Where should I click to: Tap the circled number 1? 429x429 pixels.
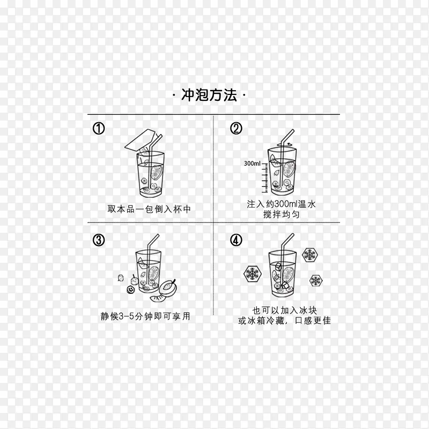click(99, 129)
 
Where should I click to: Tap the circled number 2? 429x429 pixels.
click(236, 129)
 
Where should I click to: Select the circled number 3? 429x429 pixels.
click(99, 240)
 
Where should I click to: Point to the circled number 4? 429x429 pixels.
click(236, 240)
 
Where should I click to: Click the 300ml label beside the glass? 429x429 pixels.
click(252, 164)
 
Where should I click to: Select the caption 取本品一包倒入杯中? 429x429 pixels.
click(149, 209)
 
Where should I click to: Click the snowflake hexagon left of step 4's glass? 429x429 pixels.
click(251, 275)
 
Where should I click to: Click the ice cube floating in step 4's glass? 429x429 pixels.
click(278, 266)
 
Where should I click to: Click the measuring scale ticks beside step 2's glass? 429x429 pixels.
click(265, 180)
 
